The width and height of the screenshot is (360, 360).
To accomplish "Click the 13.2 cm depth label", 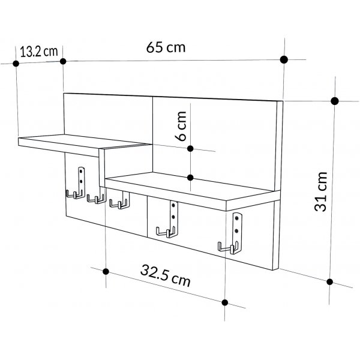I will pos(38,51).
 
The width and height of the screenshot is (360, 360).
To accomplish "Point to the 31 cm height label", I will pos(322,190).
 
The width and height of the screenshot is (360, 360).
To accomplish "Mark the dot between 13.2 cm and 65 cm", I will pos(63,61).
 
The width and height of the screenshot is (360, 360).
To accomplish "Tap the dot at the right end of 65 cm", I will pos(284,60).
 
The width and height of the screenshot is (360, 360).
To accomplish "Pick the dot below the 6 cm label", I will pos(190,177).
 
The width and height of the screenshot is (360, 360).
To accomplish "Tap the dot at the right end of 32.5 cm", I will pos(225,302).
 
